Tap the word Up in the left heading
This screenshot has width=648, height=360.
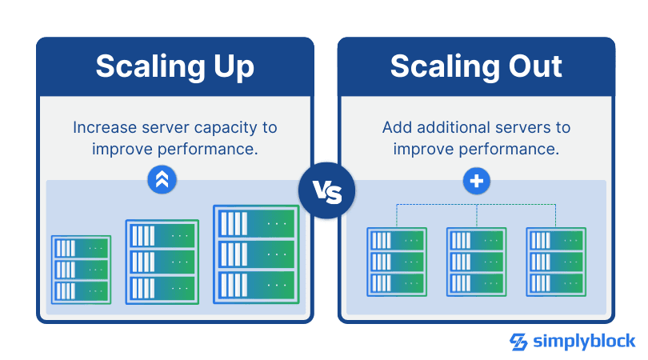[x=230, y=67]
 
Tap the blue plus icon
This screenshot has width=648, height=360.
[x=477, y=182]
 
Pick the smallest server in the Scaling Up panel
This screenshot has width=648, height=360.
[x=81, y=269]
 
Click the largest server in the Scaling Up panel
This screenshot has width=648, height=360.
[x=255, y=254]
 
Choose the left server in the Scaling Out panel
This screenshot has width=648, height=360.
[x=397, y=262]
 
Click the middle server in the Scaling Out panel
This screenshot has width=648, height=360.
[x=476, y=262]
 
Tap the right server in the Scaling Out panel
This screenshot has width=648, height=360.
[x=556, y=262]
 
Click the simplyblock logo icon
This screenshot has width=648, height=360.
[x=518, y=342]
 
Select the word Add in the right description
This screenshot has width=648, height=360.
[x=396, y=128]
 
